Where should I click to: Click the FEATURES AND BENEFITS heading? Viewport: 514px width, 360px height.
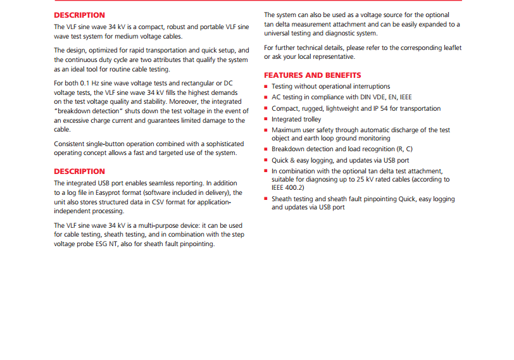pos(313,75)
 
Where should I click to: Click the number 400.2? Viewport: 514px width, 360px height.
pos(293,188)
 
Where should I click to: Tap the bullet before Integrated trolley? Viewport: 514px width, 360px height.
pos(266,120)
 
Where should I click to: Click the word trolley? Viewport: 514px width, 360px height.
pos(310,119)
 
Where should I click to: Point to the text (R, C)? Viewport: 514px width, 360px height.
pos(401,149)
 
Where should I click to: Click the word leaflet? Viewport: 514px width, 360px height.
pos(450,47)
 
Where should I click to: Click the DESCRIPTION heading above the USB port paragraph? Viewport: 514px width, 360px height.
pos(79,171)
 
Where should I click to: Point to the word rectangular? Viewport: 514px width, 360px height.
pos(187,83)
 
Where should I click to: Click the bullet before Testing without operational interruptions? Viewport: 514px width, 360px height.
pos(266,87)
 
